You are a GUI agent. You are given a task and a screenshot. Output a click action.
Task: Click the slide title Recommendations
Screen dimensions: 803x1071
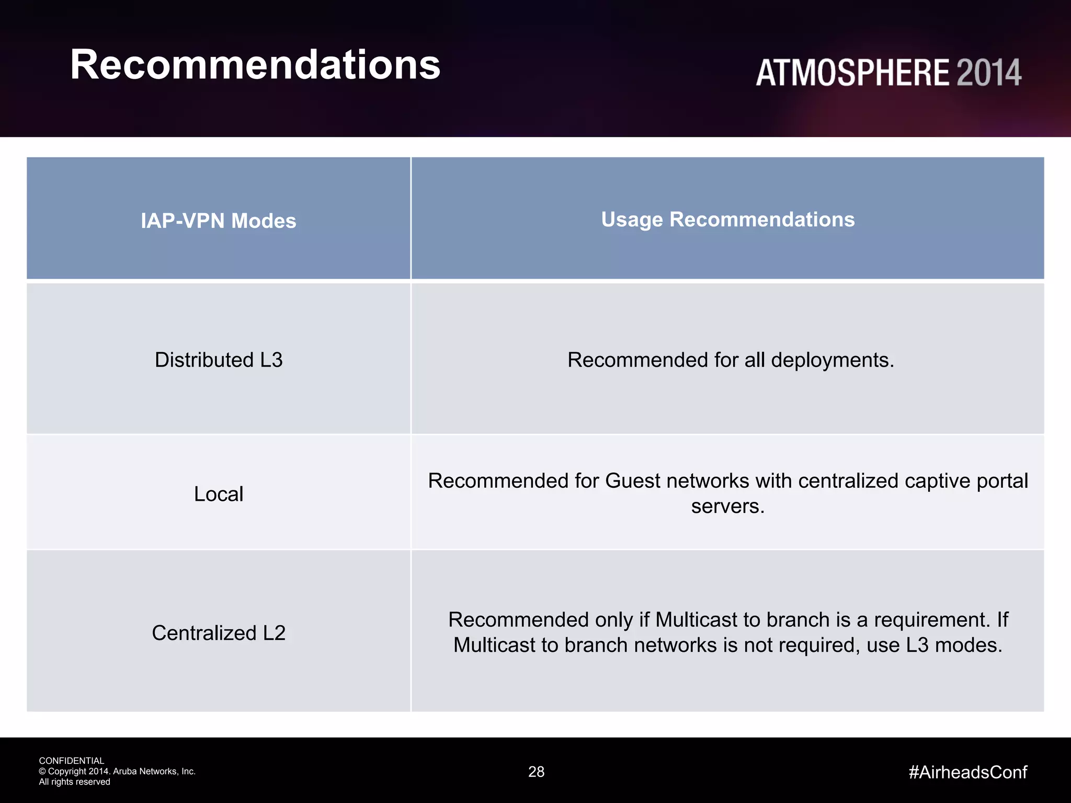point(255,65)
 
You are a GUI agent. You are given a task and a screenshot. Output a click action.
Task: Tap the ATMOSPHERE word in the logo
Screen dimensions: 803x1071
point(852,73)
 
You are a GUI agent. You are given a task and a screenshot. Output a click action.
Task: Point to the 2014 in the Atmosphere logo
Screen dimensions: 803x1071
point(989,73)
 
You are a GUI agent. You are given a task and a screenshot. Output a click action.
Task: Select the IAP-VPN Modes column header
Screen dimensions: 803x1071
point(218,221)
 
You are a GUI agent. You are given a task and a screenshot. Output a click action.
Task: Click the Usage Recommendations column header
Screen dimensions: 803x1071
point(727,220)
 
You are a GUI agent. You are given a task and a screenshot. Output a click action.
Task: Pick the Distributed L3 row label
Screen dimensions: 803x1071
point(219,360)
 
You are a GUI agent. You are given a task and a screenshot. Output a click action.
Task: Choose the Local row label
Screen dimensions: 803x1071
point(219,494)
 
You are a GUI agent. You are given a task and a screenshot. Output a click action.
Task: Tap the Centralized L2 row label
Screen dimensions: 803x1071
point(219,633)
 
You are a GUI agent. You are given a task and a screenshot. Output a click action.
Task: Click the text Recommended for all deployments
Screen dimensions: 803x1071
point(731,360)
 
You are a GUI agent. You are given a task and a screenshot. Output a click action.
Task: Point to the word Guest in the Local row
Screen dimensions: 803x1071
point(633,481)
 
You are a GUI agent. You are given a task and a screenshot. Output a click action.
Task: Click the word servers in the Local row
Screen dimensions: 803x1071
point(727,507)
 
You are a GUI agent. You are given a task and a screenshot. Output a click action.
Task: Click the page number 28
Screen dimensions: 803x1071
point(536,772)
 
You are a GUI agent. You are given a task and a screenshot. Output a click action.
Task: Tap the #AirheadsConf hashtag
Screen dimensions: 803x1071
point(967,772)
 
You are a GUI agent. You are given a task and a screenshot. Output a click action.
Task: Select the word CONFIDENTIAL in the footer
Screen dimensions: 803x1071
point(72,761)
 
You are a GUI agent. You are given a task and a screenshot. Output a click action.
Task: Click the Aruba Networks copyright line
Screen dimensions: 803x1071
point(117,771)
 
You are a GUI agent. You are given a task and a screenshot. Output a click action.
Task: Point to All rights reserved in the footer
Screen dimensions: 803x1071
point(74,782)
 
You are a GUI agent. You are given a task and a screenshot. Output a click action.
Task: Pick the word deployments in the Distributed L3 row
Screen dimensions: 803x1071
point(832,360)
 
